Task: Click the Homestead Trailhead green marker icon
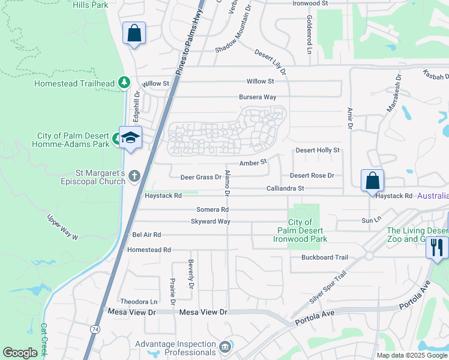tap(124, 83)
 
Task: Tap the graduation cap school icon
tap(130, 137)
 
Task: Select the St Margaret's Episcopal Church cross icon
tap(134, 176)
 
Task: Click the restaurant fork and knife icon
tap(436, 247)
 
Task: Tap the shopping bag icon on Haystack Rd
tap(372, 180)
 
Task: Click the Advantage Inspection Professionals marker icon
tap(224, 347)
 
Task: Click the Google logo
tap(20, 353)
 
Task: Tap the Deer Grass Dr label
tap(201, 177)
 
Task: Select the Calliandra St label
tap(286, 188)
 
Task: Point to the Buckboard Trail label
tap(325, 257)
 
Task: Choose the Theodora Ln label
tap(139, 302)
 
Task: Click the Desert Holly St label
tap(318, 150)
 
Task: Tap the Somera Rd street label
tap(212, 209)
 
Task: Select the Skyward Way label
tap(211, 221)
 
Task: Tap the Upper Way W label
tap(63, 229)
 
